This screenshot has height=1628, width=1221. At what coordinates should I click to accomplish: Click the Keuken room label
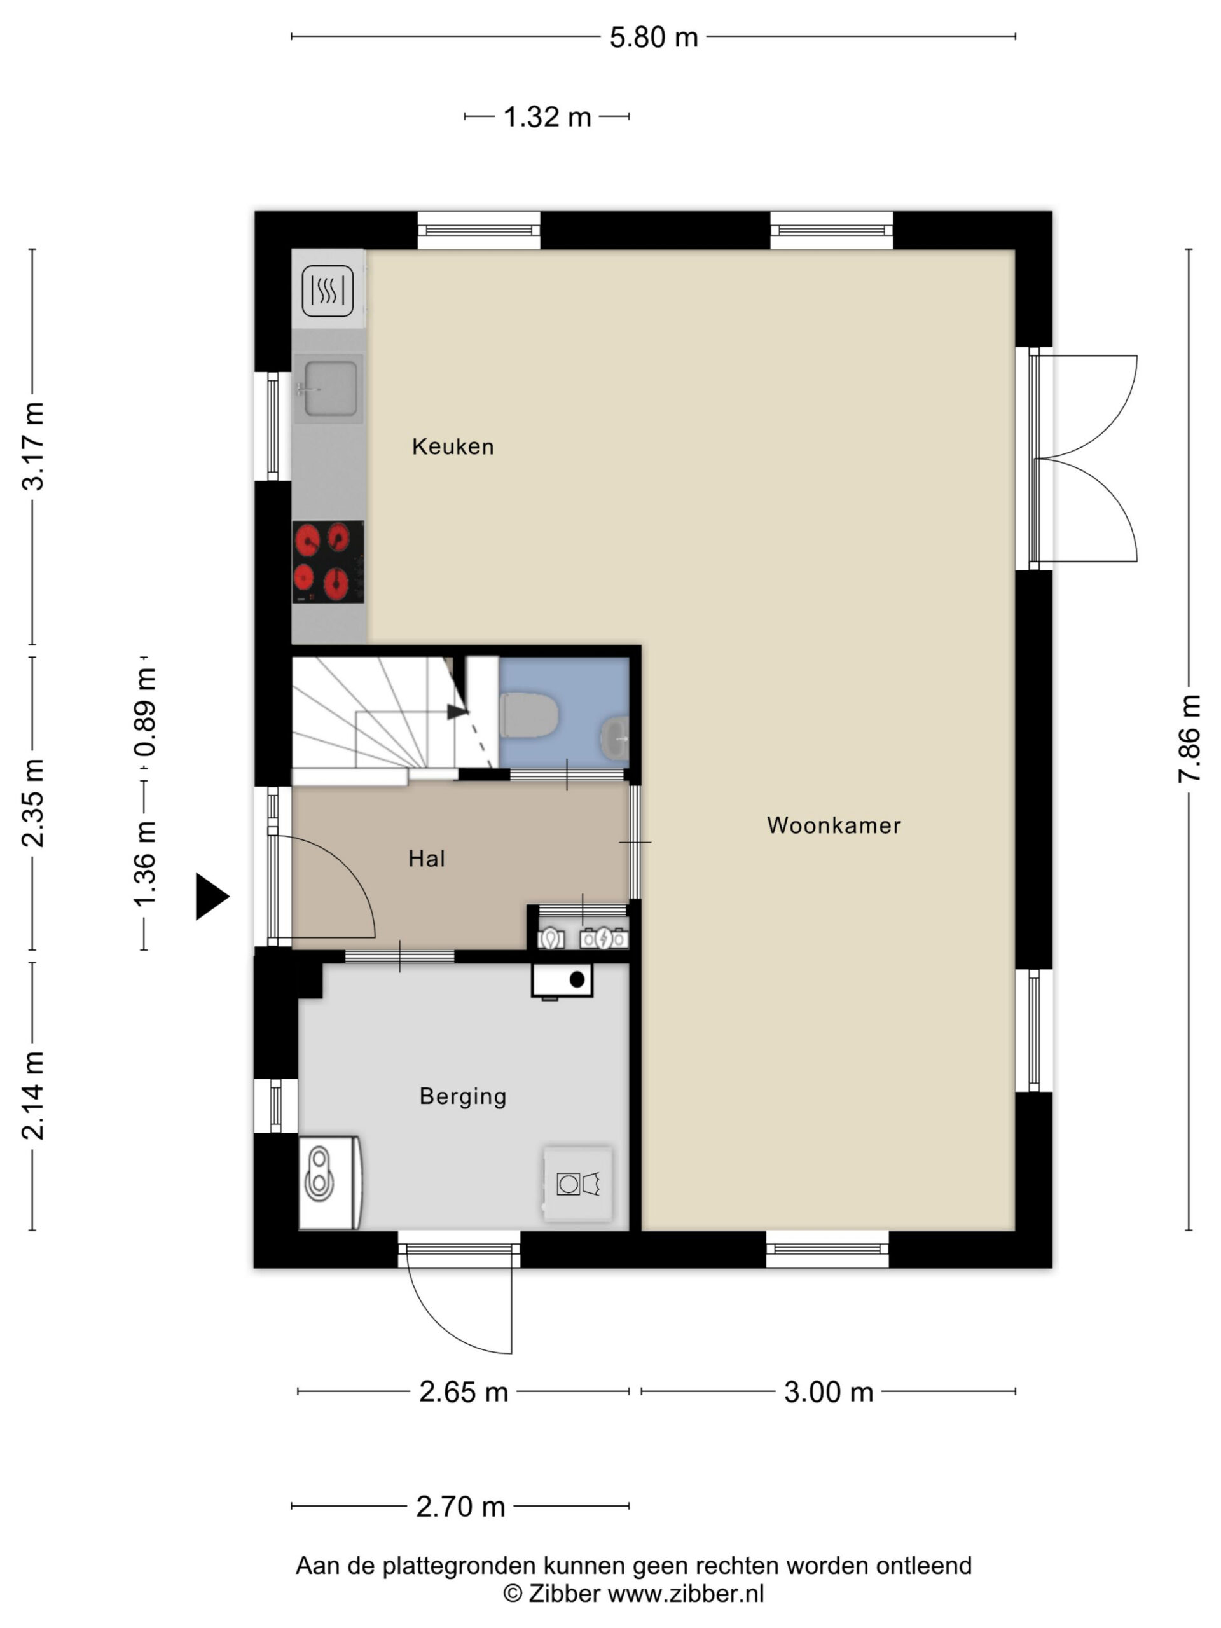453,446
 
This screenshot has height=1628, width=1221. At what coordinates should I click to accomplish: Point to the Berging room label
463,1096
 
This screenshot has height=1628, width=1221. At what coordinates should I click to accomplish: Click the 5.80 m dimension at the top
654,37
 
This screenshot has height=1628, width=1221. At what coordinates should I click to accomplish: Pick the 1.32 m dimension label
547,117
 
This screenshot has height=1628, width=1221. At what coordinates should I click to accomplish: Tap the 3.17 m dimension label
34,446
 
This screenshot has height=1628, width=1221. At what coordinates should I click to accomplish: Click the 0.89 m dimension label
145,712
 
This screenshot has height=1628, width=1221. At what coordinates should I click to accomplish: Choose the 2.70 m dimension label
460,1507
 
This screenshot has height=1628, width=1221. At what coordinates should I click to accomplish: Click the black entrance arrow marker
212,897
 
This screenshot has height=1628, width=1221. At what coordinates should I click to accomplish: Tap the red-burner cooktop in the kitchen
328,562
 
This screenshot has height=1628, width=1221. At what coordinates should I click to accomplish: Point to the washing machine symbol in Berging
577,1184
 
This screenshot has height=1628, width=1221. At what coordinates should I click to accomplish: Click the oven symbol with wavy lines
328,291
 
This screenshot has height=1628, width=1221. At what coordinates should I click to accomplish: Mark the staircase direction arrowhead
457,712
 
